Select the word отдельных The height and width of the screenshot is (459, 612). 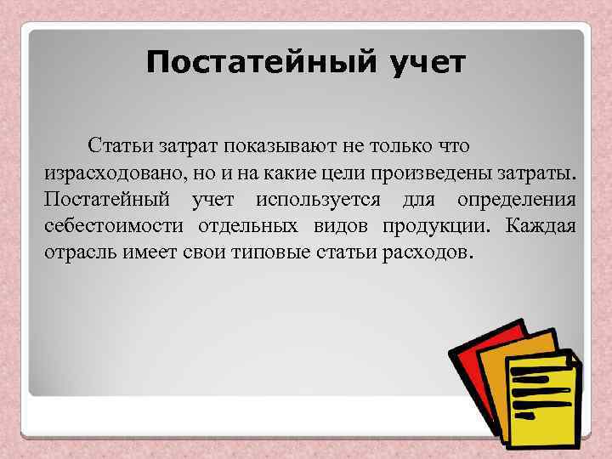coord(246,228)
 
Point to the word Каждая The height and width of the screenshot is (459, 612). coord(541,228)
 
